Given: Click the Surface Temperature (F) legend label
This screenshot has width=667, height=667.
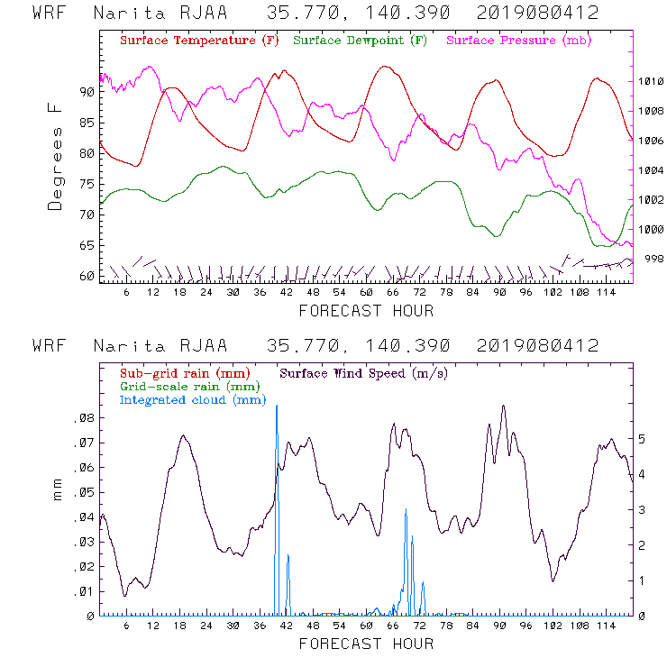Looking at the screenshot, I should (x=199, y=41).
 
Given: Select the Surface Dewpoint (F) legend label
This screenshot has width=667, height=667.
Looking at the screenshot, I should (x=360, y=41).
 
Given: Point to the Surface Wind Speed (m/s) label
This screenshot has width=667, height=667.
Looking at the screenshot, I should (x=364, y=373).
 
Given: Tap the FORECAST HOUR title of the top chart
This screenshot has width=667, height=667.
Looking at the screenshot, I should (x=366, y=311).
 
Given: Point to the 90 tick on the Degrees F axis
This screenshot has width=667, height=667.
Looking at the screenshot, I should (x=87, y=92).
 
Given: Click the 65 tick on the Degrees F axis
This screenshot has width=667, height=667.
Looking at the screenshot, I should (x=87, y=245).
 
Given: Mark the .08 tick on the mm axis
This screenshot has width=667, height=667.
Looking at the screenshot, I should (x=84, y=419).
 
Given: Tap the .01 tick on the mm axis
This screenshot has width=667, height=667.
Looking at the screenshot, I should (x=84, y=592).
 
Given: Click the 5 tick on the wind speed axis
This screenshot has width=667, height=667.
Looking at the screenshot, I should (x=641, y=439).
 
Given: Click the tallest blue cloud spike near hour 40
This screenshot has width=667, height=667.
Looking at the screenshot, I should (x=276, y=407).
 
